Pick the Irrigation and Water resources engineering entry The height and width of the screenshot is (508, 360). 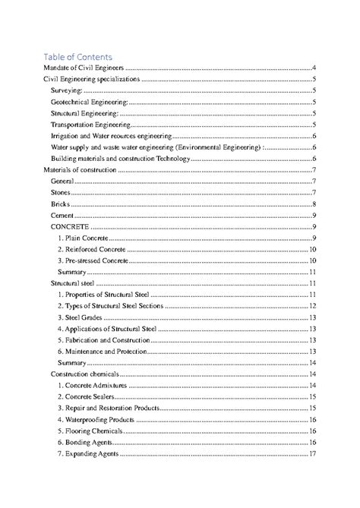click(x=111, y=136)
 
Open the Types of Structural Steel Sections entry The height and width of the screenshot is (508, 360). click(x=107, y=306)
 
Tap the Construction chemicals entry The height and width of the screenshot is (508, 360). click(x=85, y=374)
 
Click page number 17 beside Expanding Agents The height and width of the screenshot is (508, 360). click(x=312, y=454)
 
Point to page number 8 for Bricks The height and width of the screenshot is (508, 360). click(x=314, y=204)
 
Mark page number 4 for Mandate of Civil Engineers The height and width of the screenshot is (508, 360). click(x=314, y=68)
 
